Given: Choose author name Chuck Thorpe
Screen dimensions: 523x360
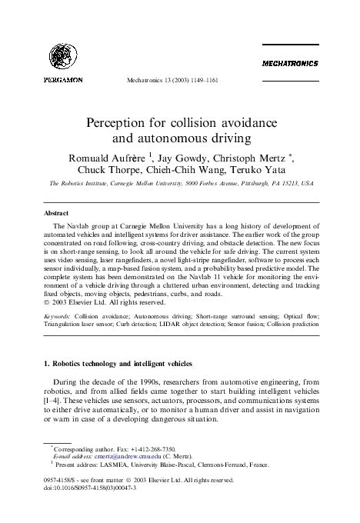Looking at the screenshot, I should [x=108, y=170].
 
